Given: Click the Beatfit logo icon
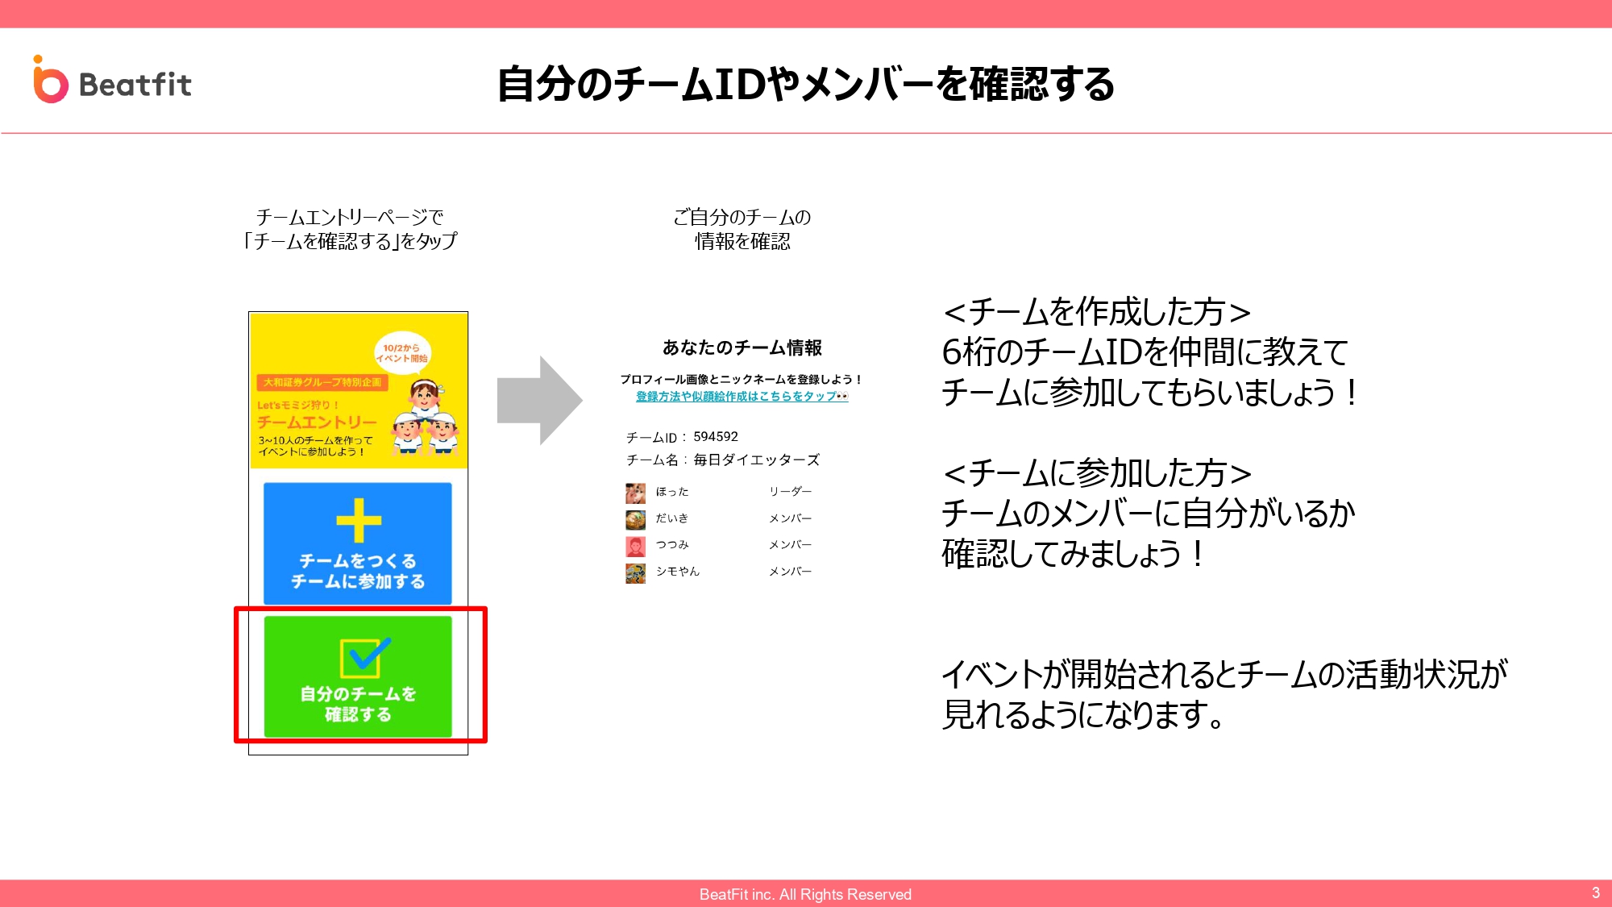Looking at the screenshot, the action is point(50,80).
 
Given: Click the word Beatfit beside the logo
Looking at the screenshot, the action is point(135,85).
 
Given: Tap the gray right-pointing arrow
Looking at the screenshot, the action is point(539,400).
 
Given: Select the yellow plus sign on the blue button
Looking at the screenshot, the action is point(359,520).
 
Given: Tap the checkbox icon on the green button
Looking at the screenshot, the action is point(365,656).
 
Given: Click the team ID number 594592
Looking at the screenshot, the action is point(716,437).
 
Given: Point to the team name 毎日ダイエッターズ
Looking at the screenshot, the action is point(756,460).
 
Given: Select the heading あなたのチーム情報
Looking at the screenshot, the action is point(742,347).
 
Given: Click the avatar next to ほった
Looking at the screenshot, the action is point(635,493).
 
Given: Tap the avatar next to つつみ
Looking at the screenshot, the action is point(635,547).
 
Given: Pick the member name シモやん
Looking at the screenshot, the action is point(678,572).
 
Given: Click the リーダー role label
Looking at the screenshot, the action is point(790,492).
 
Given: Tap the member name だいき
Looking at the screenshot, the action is point(672,518).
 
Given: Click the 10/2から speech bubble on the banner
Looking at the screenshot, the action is point(402,353).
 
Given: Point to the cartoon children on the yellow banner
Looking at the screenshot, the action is point(426,418).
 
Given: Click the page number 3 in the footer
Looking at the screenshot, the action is point(1596,892).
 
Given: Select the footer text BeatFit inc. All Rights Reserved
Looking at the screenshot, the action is point(805,894).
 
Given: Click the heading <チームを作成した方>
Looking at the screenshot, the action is point(1097,311).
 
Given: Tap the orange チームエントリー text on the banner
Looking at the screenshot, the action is point(317,422).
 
